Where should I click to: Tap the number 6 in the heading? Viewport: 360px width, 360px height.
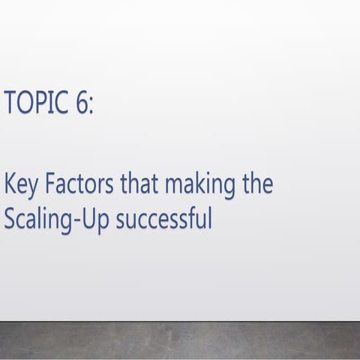[x=81, y=102]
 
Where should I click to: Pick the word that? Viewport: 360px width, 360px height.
[x=127, y=184]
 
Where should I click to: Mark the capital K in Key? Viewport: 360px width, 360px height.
[x=10, y=184]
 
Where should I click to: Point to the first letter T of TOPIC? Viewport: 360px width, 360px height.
[x=9, y=102]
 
